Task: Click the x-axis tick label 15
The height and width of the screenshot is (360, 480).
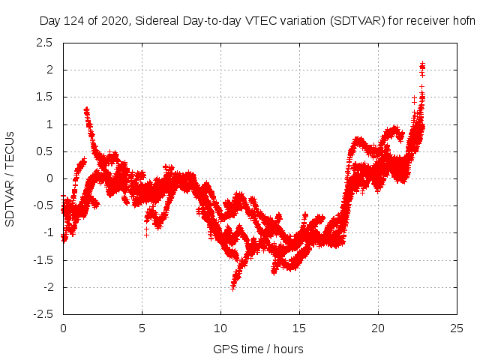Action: point(299,328)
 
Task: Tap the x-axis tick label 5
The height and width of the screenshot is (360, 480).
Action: point(142,328)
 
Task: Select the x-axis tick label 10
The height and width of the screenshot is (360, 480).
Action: point(220,328)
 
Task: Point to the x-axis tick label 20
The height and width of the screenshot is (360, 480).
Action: point(378,328)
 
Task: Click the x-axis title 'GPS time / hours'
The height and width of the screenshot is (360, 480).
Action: point(259,349)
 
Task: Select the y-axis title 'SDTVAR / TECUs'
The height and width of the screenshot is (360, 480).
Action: point(10,178)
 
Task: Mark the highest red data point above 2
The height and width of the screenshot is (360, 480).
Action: point(422,64)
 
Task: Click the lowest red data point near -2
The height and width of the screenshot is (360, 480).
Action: point(233,287)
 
